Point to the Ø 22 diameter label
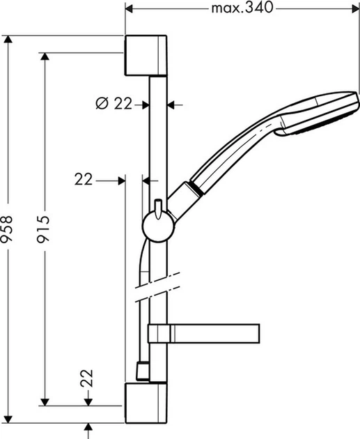(113, 104)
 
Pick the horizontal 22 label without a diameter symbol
(84, 180)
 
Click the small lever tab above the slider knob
(159, 206)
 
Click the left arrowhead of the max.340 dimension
(130, 8)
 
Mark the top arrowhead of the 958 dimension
(8, 39)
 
